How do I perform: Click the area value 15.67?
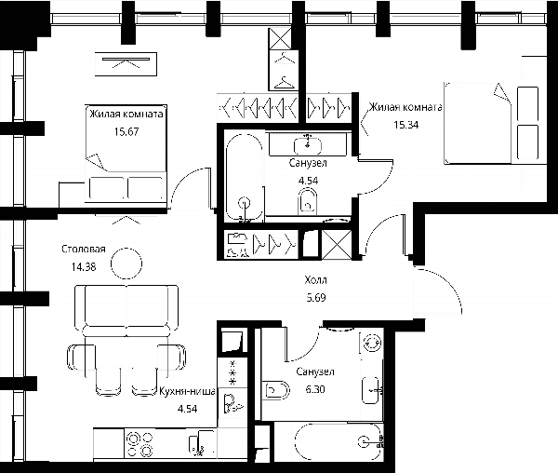(x=126, y=132)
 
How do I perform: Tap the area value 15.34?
(x=406, y=125)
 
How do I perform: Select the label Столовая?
(x=84, y=249)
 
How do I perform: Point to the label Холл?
(x=315, y=280)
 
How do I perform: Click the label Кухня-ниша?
(x=187, y=391)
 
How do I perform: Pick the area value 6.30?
(x=315, y=389)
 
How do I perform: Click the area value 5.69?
(x=316, y=297)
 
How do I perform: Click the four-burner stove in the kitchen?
(x=139, y=444)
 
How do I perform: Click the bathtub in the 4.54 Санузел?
(x=245, y=178)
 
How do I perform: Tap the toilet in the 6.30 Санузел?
(x=276, y=391)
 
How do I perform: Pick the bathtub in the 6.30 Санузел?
(x=339, y=441)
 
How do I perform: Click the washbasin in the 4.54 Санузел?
(x=308, y=145)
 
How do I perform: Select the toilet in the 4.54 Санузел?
(x=308, y=201)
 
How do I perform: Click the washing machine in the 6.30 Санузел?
(x=372, y=344)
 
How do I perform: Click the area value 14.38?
(x=84, y=267)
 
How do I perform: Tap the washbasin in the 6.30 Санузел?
(x=371, y=390)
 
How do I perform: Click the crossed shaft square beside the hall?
(x=337, y=244)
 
